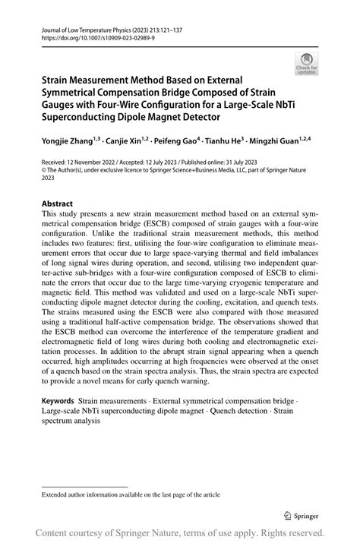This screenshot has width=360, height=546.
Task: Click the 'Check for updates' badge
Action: [307, 63]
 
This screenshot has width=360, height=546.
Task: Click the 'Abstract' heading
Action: [57, 204]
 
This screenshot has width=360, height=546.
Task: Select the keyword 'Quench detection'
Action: [235, 411]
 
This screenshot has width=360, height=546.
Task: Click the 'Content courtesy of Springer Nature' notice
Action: [179, 532]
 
